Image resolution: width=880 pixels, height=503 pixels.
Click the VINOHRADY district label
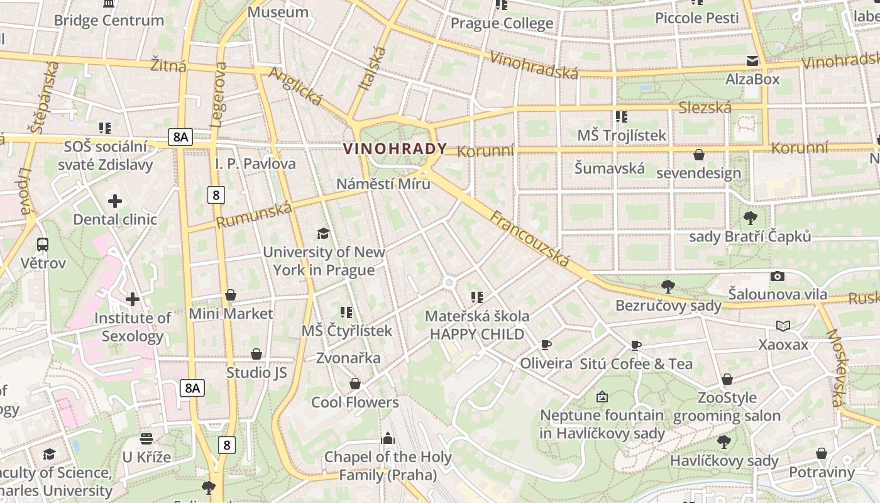(395, 149)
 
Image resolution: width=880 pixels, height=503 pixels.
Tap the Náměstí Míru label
(383, 184)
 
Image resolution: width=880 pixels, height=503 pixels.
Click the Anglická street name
(295, 87)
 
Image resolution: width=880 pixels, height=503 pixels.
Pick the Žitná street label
(168, 65)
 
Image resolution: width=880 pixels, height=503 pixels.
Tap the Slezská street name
(705, 108)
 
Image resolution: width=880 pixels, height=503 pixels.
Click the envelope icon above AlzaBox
(752, 61)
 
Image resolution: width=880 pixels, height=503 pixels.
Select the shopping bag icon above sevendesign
(698, 155)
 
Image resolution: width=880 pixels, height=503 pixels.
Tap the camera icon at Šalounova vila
(778, 276)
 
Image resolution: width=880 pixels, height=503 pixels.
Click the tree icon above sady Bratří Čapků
(750, 218)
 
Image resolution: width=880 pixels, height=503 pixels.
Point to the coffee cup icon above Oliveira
(546, 345)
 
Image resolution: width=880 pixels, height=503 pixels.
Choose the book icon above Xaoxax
(783, 326)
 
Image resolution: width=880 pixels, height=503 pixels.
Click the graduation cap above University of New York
(323, 234)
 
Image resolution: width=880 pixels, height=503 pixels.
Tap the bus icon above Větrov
(43, 245)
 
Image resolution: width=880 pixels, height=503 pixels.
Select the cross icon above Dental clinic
(115, 201)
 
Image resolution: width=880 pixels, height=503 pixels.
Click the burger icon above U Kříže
(146, 438)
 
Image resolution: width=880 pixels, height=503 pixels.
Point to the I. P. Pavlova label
(255, 164)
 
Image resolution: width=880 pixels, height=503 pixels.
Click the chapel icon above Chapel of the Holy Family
(388, 438)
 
